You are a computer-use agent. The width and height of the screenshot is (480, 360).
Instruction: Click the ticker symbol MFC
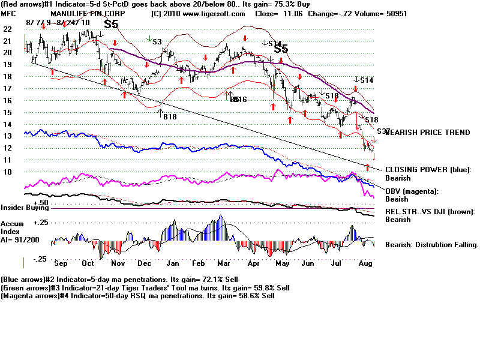8,13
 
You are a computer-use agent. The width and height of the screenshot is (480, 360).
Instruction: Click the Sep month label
61,262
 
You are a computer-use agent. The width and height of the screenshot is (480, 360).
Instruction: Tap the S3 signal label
157,41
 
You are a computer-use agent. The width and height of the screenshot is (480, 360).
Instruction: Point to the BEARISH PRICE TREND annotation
427,132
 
